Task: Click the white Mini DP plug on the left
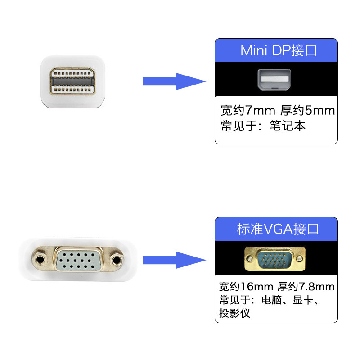coord(73,81)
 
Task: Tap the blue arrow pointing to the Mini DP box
coord(173,81)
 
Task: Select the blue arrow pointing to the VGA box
coord(173,260)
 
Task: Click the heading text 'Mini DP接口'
coord(279,50)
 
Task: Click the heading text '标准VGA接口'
coord(278,229)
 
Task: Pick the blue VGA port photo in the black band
coord(275,259)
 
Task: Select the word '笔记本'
coord(288,126)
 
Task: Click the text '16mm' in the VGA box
coord(255,287)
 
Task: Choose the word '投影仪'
coord(234,313)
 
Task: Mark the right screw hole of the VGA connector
coord(118,260)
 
